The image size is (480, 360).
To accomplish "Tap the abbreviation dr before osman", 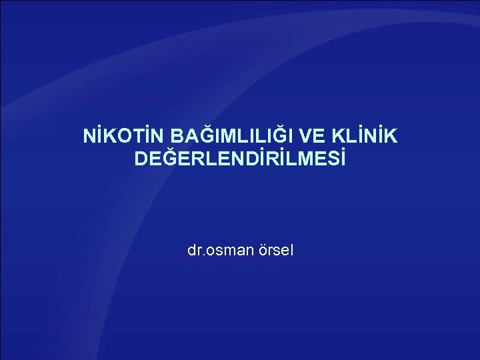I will pos(193,251).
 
